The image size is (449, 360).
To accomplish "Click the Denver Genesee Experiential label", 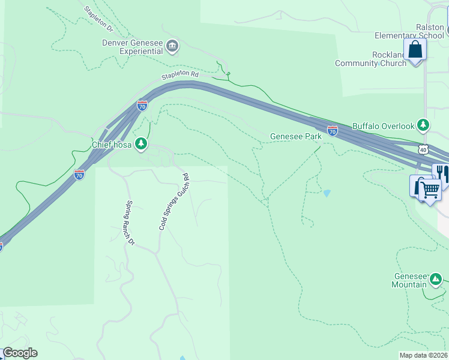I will [x=132, y=46].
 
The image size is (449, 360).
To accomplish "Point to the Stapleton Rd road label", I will [x=179, y=74].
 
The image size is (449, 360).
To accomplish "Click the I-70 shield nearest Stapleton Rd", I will [x=142, y=106].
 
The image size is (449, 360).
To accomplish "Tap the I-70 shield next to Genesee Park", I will [x=333, y=130].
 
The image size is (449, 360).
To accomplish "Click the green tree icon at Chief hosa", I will [x=140, y=143].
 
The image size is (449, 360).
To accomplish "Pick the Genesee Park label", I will [x=295, y=136].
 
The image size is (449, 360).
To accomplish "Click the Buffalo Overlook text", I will [x=383, y=126].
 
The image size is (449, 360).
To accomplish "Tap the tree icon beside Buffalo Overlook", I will [x=424, y=125].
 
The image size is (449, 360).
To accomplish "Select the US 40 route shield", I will [x=423, y=149].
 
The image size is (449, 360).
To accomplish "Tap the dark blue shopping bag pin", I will [x=415, y=49].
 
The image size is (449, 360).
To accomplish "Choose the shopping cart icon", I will [x=430, y=190].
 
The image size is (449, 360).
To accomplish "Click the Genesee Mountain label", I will [x=409, y=280].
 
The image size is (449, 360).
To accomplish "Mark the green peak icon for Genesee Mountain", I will [x=435, y=279].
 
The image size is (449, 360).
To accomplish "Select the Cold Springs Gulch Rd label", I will [x=174, y=202].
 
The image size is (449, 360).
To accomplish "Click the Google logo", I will [x=20, y=353].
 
